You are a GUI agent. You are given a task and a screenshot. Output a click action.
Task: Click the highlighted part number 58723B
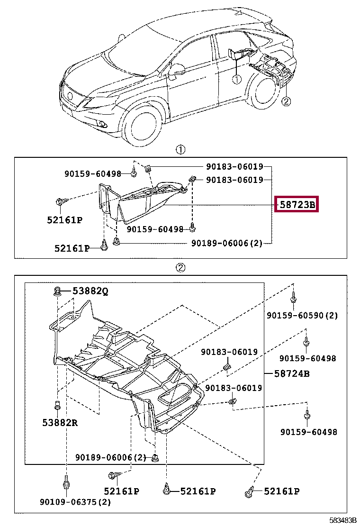click(x=297, y=205)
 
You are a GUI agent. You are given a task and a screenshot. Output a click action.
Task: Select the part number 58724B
click(x=292, y=373)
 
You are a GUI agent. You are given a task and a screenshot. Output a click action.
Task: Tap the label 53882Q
click(x=90, y=291)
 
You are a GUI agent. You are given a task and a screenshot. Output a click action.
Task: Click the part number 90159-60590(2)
click(x=302, y=315)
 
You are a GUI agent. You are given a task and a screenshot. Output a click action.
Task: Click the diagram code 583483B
click(x=343, y=520)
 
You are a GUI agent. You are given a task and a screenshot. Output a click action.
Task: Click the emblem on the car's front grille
click(x=71, y=96)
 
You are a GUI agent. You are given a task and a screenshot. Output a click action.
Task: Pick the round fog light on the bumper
click(x=103, y=124)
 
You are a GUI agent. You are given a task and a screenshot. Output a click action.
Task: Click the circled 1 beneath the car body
click(x=236, y=79)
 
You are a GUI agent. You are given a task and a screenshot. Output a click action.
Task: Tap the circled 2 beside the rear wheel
click(x=286, y=100)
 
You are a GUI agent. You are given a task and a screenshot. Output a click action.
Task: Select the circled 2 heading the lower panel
click(x=180, y=268)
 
